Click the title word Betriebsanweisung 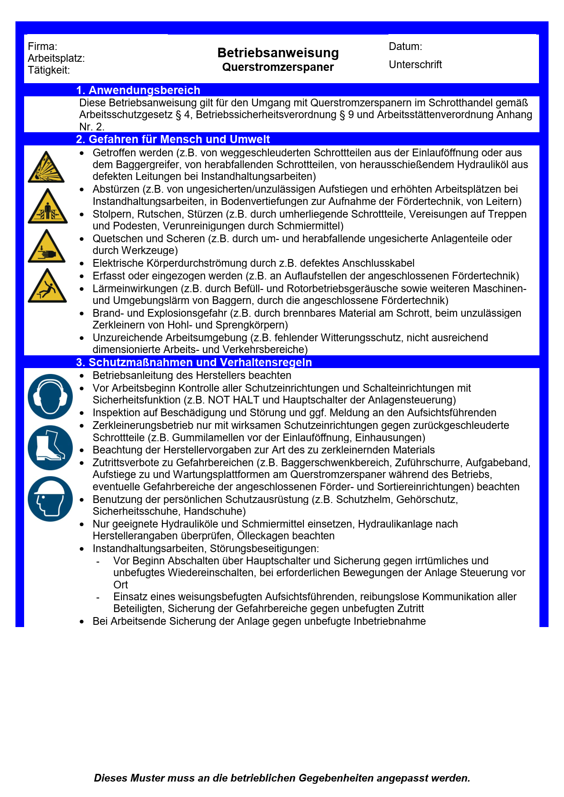pos(278,53)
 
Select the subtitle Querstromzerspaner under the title pos(278,67)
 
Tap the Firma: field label pos(42,46)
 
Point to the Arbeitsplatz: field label pos(56,58)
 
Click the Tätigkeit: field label pos(49,70)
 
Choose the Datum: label pos(405,46)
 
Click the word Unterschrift pos(415,65)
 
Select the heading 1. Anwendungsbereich pos(138,90)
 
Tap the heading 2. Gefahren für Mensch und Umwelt pos(173,139)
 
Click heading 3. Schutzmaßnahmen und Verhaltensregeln pos(194,362)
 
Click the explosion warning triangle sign pos(46,168)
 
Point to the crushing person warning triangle pos(47,207)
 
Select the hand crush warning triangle pos(47,247)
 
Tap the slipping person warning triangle pos(47,286)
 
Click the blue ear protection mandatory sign pos(50,397)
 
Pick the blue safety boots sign pos(50,448)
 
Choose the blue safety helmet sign pos(50,498)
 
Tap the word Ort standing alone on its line pos(121,585)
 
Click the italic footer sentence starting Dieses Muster pos(282,778)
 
